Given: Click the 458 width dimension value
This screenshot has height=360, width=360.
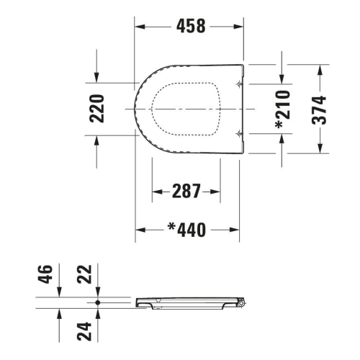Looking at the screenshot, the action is coord(191,26).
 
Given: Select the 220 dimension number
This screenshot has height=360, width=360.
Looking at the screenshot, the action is coord(97,109).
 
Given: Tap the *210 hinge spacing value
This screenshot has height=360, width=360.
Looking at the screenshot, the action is coord(283,109).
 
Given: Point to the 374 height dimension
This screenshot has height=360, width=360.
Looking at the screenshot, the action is coord(319,110).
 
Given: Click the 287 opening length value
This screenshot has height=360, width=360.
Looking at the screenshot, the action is coord(186,191).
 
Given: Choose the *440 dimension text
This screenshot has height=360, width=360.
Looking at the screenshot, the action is coord(186,230).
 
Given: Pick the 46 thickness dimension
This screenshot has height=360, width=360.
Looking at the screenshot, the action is coord(45,274).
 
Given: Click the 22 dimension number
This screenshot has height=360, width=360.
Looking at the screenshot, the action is coord(84,274).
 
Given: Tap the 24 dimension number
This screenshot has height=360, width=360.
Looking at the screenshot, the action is coord(84,331).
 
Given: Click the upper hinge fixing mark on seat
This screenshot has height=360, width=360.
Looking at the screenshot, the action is coord(239,84).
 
